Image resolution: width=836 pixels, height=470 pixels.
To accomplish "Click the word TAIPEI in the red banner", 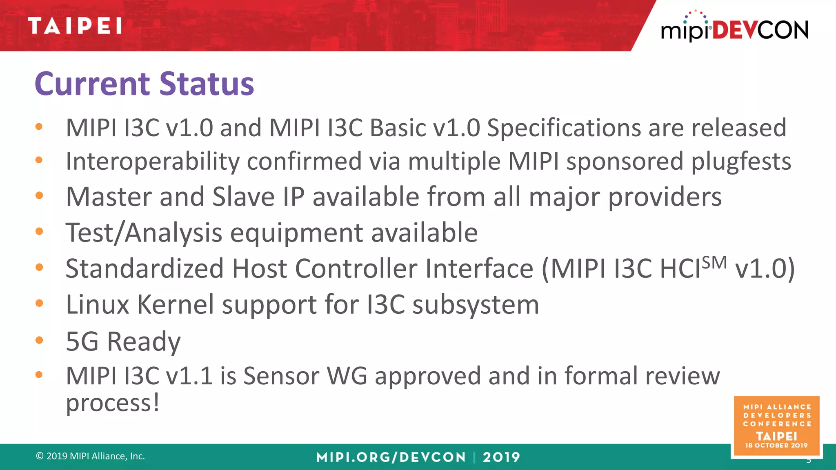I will tap(75, 26).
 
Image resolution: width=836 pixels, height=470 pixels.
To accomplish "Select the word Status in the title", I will tap(207, 84).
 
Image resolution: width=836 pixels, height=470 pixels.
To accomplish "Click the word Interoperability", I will tap(152, 162).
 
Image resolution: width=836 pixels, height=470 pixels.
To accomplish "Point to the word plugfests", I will tap(740, 162).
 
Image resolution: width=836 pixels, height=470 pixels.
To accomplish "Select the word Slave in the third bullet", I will tap(243, 197).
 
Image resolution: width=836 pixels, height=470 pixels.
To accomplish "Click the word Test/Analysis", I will tap(144, 233).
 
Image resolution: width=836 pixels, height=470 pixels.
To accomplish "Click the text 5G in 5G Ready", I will tap(82, 341).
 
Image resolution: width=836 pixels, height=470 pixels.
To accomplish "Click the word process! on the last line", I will tap(113, 403).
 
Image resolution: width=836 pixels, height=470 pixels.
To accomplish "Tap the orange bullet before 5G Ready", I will tap(39, 340).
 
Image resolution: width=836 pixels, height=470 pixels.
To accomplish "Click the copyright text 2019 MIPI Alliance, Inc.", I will tap(91, 456).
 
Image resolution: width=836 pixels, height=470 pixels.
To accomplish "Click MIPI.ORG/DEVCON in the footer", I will tap(391, 457).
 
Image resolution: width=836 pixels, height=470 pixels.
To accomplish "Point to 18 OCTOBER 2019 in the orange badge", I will tap(776, 446).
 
